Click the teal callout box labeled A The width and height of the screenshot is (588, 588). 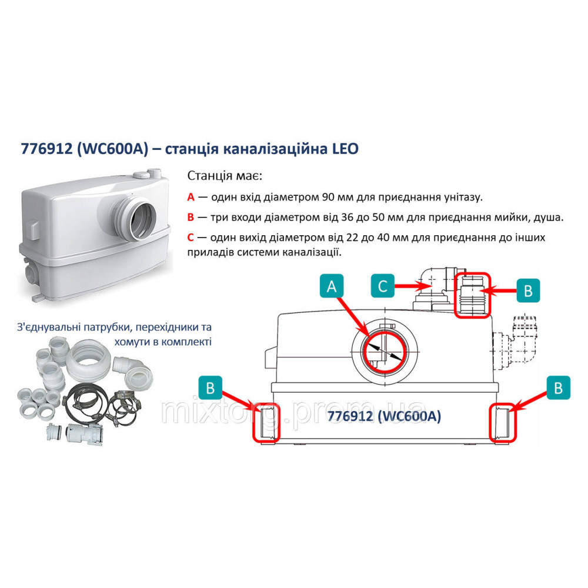332,286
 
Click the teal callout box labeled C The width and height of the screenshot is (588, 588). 383,286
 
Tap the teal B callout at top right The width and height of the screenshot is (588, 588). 528,290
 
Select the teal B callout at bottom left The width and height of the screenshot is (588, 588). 211,387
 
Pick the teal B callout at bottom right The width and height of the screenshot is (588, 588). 559,387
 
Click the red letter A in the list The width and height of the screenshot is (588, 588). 191,197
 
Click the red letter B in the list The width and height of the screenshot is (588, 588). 191,218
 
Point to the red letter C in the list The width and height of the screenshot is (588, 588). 191,238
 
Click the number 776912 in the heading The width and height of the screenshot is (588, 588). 47,149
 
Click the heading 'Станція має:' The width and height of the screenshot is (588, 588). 225,176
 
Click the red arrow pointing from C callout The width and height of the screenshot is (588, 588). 413,286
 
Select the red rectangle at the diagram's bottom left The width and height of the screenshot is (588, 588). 266,422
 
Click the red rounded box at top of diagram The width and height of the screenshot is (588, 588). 473,295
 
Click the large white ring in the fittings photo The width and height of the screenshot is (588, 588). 88,355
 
